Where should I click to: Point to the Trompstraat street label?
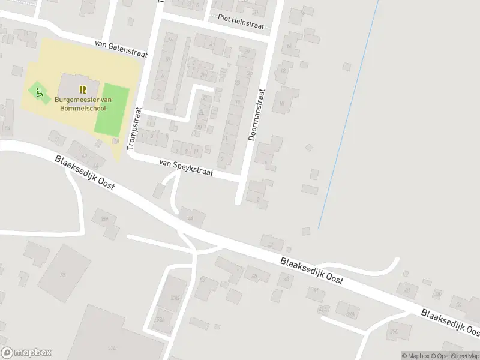133,129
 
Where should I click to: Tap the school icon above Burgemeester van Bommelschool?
83,89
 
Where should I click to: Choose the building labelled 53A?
160,319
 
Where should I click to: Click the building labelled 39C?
395,331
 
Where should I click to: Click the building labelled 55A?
107,218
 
